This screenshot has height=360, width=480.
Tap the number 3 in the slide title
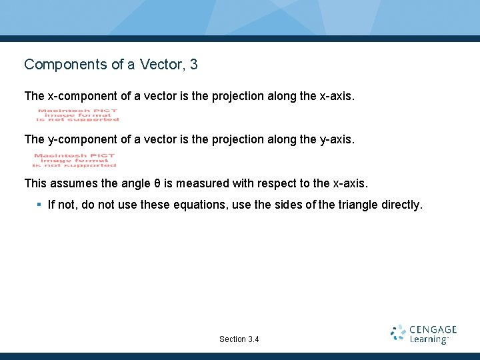coord(193,65)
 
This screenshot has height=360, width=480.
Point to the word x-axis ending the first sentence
coord(337,96)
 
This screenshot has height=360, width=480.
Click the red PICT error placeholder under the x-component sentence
coord(77,115)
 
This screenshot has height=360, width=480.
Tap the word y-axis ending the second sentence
coord(337,139)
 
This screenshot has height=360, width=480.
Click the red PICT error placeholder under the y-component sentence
coord(75,160)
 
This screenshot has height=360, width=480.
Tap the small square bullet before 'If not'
coord(39,205)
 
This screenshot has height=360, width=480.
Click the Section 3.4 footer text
coord(239,339)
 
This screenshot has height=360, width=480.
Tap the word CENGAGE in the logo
coord(433,329)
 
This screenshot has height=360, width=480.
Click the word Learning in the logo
coord(429,339)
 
